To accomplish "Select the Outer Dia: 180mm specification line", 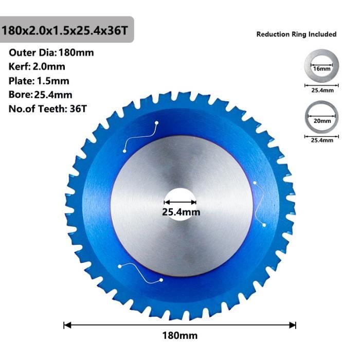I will coord(51,52).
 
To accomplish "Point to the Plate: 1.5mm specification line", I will coord(39,81).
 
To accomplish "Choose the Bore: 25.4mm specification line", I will coord(41,95).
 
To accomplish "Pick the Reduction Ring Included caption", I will coord(296,34).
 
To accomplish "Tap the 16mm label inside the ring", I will coord(321,68).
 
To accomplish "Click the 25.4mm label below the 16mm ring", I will coord(321,90).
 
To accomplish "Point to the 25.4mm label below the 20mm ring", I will coord(321,140).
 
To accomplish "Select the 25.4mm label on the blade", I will coord(181,212).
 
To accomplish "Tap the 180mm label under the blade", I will coord(180,335).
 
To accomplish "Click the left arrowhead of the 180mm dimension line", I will coord(66,325).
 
